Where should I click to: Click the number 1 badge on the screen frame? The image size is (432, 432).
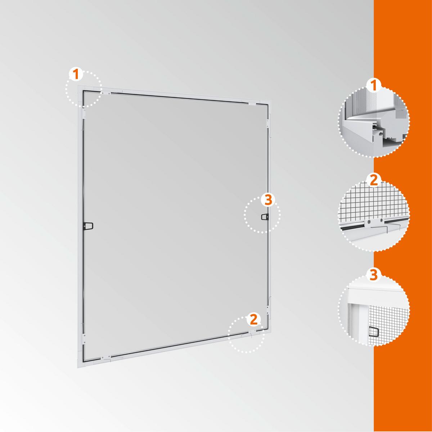pos(76,74)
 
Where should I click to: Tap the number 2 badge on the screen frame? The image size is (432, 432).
pos(253,319)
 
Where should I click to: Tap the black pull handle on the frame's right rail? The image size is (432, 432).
pos(265,217)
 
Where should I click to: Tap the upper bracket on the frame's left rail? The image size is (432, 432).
pos(84,113)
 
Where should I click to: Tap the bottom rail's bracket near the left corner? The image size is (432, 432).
pos(105,356)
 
